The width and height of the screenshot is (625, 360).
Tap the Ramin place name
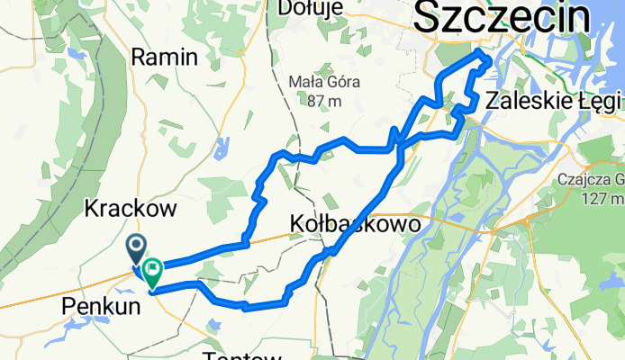[x=164, y=58]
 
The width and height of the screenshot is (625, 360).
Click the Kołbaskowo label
[x=355, y=224]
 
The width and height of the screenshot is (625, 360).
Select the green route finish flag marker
[x=151, y=268]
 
